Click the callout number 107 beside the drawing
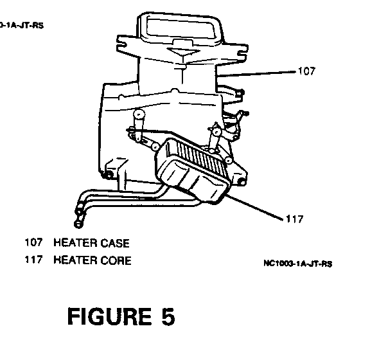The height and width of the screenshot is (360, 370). pos(306,71)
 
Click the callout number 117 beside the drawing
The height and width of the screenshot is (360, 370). pos(294,219)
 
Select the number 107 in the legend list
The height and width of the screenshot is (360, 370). pos(33,242)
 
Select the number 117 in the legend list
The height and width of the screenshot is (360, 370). pos(33,259)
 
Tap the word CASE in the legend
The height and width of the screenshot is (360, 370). pos(115,243)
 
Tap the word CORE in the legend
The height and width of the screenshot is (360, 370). pos(116,260)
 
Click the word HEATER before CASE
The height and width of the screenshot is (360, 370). pos(75,243)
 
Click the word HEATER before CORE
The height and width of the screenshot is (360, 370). pos(75,260)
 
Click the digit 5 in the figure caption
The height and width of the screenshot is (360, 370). pos(168,316)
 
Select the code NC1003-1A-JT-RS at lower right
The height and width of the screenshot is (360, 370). pos(298,264)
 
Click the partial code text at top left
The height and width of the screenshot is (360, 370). pos(22,25)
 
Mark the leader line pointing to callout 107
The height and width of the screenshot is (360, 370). pos(256,73)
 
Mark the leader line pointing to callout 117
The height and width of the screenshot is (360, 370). pos(254,207)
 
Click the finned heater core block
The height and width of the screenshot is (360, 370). pos(193,170)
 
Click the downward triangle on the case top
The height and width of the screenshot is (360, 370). pos(182,52)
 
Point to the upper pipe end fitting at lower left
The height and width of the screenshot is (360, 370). pos(80,211)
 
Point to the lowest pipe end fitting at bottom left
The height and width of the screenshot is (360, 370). pos(78,224)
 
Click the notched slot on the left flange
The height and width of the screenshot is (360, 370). pos(122,44)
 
